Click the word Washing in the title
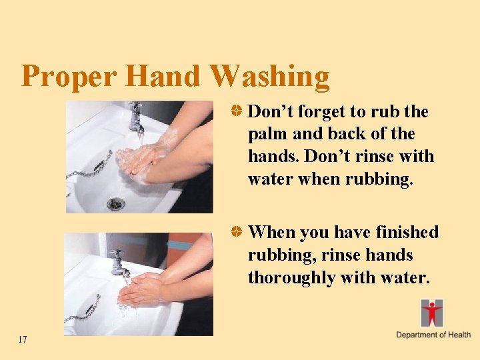[x=269, y=76]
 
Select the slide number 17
[x=23, y=340]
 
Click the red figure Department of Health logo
[x=431, y=313]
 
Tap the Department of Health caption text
[x=433, y=335]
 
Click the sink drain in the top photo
[x=116, y=203]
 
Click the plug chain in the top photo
[x=89, y=167]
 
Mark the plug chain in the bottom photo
[x=83, y=309]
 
